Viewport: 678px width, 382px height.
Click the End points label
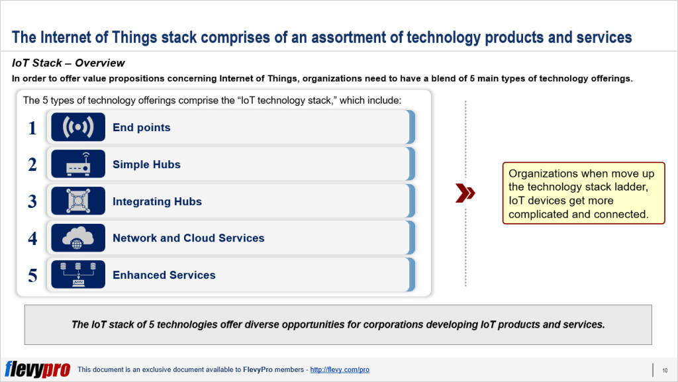point(141,128)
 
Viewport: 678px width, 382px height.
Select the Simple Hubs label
point(146,165)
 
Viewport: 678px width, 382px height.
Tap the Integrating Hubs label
point(157,202)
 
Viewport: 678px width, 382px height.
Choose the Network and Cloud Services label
point(188,238)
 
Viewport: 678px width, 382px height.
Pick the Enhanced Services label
point(164,275)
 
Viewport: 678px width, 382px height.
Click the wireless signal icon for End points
point(78,128)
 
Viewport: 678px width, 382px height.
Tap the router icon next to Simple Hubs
point(78,164)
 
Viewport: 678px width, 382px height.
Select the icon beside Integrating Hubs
point(78,201)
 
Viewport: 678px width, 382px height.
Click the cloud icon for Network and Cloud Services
point(78,238)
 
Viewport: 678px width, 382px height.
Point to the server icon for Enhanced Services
point(78,275)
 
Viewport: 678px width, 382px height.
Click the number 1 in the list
point(32,128)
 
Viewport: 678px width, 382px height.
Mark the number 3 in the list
point(32,201)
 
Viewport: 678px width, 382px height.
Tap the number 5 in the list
point(32,275)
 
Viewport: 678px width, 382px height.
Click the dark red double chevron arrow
point(465,193)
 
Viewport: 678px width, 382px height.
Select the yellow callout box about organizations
point(583,193)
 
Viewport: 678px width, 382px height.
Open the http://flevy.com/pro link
point(340,369)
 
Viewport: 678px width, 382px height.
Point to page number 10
point(664,369)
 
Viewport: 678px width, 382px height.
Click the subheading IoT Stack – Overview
point(68,64)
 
